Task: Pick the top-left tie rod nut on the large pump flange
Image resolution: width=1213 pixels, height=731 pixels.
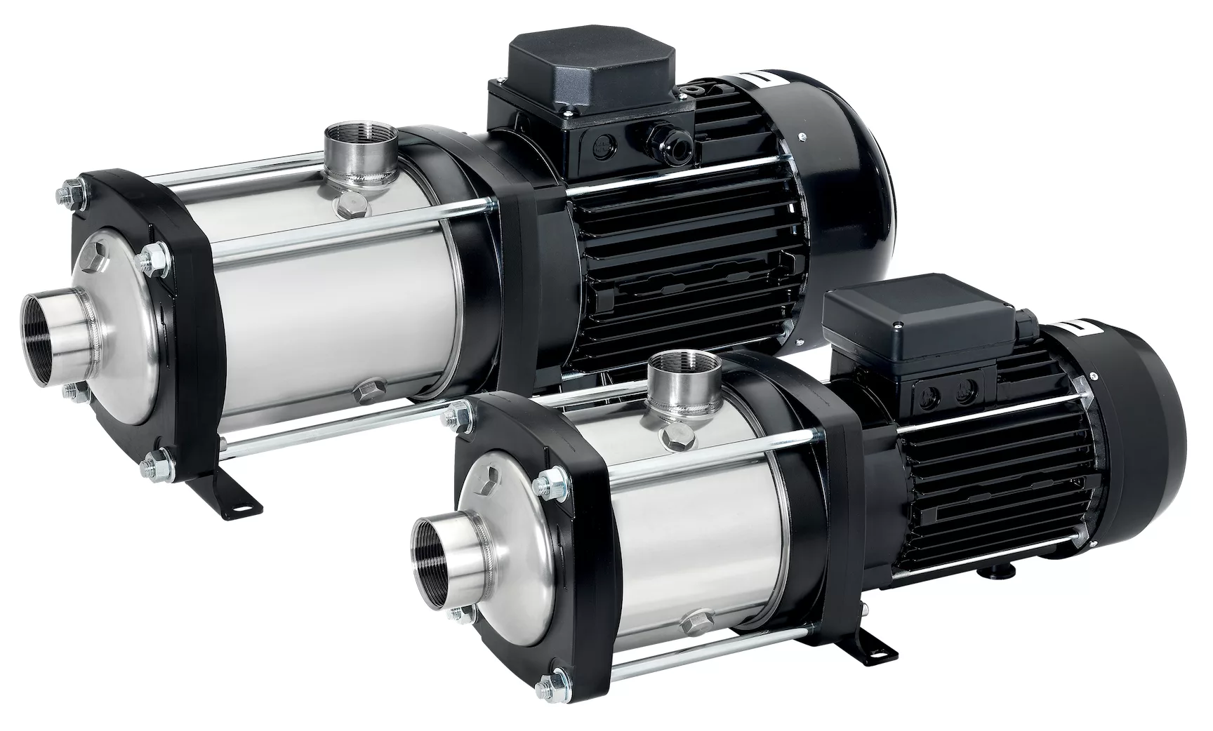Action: click(x=71, y=189)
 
